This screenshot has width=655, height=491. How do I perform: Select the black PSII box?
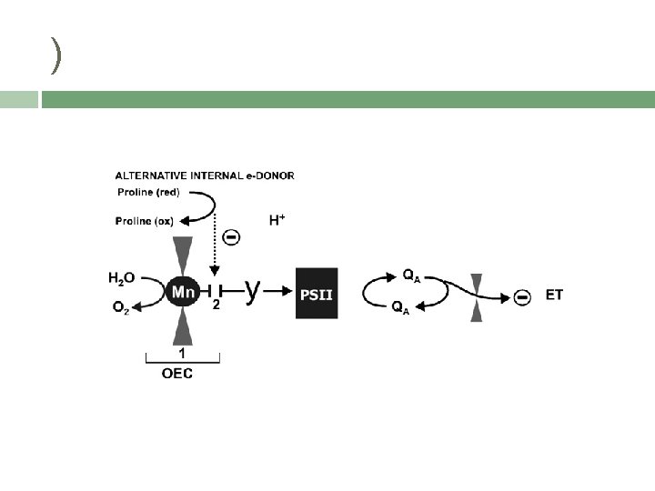[317, 293]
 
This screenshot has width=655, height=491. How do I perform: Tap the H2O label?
[122, 277]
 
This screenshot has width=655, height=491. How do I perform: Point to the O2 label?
[122, 308]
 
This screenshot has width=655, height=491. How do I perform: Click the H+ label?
[277, 220]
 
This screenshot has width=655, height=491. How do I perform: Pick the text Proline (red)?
[147, 192]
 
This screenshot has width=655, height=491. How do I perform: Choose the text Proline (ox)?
[145, 220]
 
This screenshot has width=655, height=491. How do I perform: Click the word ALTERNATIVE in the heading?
[148, 175]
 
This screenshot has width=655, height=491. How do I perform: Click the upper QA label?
[411, 276]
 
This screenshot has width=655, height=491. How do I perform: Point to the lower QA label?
[399, 309]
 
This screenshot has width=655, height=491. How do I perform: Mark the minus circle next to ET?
[521, 296]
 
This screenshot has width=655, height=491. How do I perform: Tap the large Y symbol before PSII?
[254, 290]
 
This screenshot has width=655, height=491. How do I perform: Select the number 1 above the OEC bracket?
[182, 351]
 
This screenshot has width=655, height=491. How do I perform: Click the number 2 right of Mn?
[216, 306]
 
